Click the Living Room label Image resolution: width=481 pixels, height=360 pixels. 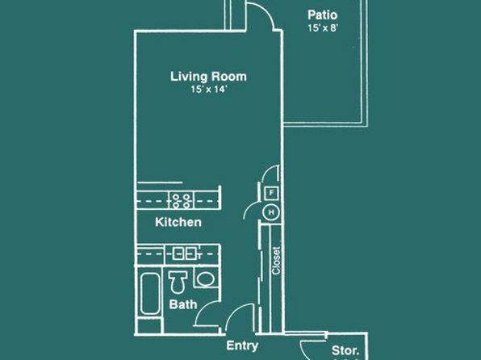pyautogui.click(x=208, y=77)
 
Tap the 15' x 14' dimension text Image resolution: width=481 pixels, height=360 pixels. pyautogui.click(x=208, y=90)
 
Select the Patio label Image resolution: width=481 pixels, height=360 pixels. pyautogui.click(x=322, y=15)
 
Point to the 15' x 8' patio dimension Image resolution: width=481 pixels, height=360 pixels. pyautogui.click(x=323, y=28)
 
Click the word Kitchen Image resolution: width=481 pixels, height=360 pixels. pyautogui.click(x=178, y=222)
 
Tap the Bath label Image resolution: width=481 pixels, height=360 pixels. pyautogui.click(x=183, y=304)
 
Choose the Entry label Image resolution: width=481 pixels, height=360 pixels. pyautogui.click(x=242, y=346)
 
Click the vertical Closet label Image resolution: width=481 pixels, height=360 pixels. pyautogui.click(x=276, y=261)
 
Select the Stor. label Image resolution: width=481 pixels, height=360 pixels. pyautogui.click(x=345, y=350)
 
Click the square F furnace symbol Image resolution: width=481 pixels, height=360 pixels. pyautogui.click(x=271, y=194)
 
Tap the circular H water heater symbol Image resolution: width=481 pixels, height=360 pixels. pyautogui.click(x=271, y=212)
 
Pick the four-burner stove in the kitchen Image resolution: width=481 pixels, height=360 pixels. pyautogui.click(x=181, y=200)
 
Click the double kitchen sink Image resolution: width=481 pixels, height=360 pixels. pyautogui.click(x=184, y=253)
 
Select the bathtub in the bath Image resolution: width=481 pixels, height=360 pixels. pyautogui.click(x=150, y=294)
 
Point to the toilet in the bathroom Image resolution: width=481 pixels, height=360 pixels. pyautogui.click(x=178, y=282)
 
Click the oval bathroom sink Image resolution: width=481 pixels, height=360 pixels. pyautogui.click(x=206, y=279)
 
